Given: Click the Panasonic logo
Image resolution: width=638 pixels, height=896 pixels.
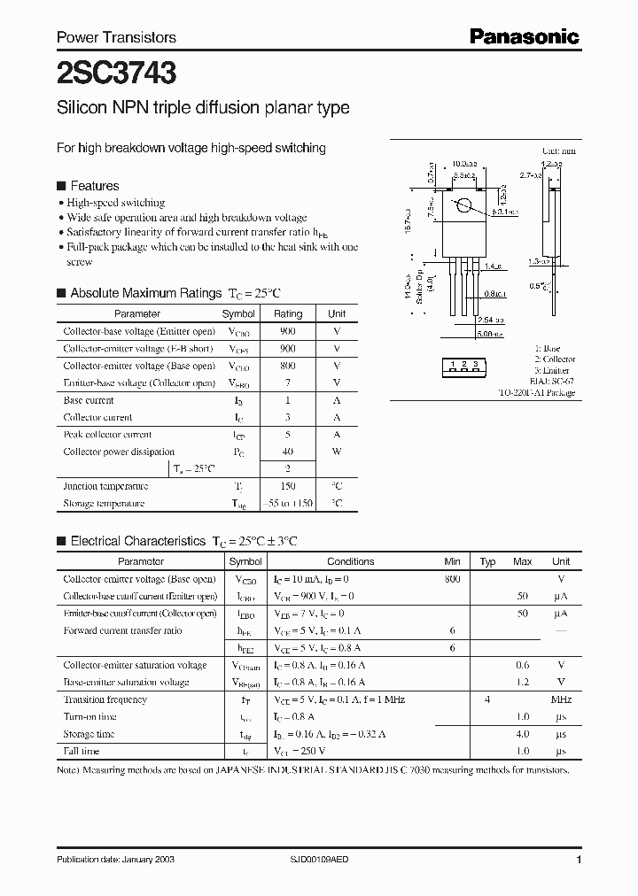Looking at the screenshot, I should point(524,36).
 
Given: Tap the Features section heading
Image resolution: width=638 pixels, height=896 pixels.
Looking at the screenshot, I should point(94,186).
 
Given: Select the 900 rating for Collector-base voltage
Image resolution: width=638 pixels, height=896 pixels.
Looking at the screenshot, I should point(288,331).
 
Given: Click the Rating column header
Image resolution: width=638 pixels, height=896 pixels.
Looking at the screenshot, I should point(288,313).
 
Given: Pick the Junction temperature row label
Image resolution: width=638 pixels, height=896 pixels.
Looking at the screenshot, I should point(105,486).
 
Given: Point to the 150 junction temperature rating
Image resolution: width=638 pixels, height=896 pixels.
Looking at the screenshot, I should point(288,486).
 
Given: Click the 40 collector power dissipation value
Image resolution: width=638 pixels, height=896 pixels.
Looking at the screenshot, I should point(288,452).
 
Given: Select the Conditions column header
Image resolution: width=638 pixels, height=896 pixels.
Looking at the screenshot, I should point(351,561).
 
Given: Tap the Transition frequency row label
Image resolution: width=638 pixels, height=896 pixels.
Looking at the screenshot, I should point(105,699).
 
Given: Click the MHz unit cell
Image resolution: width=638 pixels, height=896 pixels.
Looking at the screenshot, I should point(561,699).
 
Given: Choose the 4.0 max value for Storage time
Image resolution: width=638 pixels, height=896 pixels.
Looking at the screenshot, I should point(523,734).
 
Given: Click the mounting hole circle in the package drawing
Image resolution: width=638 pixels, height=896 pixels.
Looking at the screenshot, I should point(463,207).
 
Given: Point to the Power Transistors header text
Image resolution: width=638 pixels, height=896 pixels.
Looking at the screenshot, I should point(116,37).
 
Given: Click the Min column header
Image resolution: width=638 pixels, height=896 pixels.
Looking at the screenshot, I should point(452,561).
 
